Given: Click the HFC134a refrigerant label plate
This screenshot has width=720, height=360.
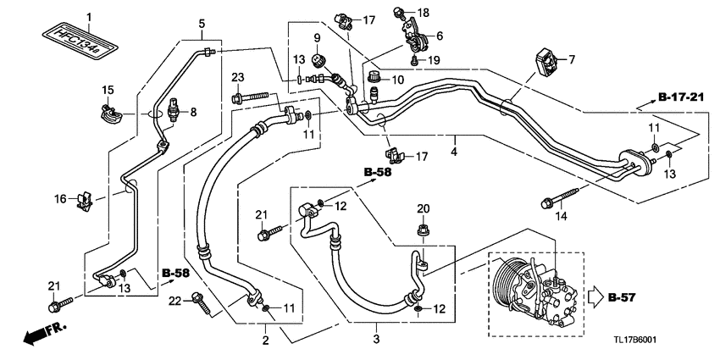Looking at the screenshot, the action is click(x=79, y=42).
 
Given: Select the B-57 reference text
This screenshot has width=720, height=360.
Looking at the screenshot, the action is click(x=622, y=297).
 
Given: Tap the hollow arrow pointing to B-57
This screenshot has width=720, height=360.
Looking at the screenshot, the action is click(x=595, y=297).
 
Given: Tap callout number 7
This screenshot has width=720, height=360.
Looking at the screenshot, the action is click(x=572, y=59).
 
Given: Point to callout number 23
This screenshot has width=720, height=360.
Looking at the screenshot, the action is click(x=237, y=77).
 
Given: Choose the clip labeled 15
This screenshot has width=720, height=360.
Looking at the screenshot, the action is click(x=112, y=114).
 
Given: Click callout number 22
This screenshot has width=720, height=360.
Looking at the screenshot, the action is click(x=175, y=301).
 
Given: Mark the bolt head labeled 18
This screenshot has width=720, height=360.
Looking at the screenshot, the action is click(x=399, y=12).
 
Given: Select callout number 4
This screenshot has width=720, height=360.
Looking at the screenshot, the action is click(x=454, y=152).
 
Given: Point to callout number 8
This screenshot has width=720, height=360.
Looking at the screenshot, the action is click(x=193, y=112).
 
